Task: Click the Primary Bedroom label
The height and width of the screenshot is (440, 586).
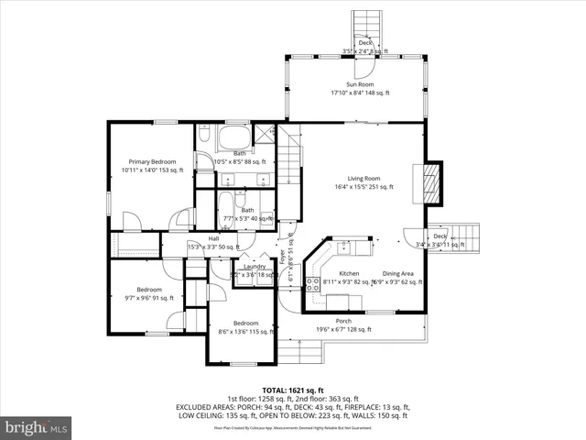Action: point(152,161)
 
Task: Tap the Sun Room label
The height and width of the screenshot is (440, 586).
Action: point(359,84)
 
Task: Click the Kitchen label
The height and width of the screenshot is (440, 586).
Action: point(349,274)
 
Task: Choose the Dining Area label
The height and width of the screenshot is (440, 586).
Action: point(397,274)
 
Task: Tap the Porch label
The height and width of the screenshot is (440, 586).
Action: point(343,321)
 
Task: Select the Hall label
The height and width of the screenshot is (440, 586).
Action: point(213,238)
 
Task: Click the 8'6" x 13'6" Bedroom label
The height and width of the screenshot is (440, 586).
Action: point(244,324)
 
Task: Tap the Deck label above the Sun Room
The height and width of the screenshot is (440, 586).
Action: point(365,43)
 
